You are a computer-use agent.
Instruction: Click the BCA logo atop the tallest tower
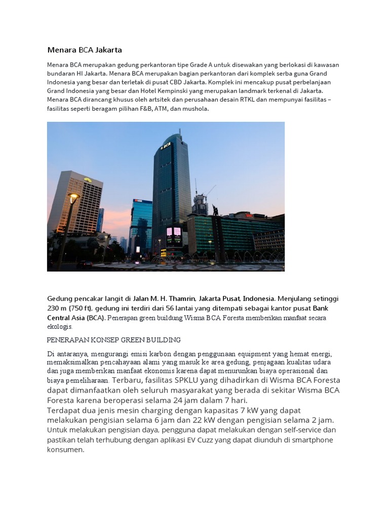165,146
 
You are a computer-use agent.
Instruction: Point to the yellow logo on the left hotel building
88,179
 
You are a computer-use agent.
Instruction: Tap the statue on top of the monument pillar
215,209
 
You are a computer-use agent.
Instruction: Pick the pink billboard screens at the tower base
173,233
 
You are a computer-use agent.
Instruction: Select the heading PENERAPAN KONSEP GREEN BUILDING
114,339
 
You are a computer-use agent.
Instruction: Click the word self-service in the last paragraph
303,430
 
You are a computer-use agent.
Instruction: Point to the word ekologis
59,326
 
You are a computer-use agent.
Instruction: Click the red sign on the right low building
249,215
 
